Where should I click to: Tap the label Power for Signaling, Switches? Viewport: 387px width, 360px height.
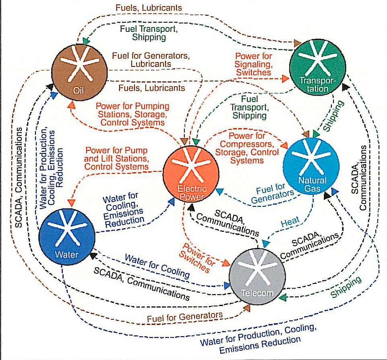253,65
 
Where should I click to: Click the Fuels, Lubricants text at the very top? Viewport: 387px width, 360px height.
148,8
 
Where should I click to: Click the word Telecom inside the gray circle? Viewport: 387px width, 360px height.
257,293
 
